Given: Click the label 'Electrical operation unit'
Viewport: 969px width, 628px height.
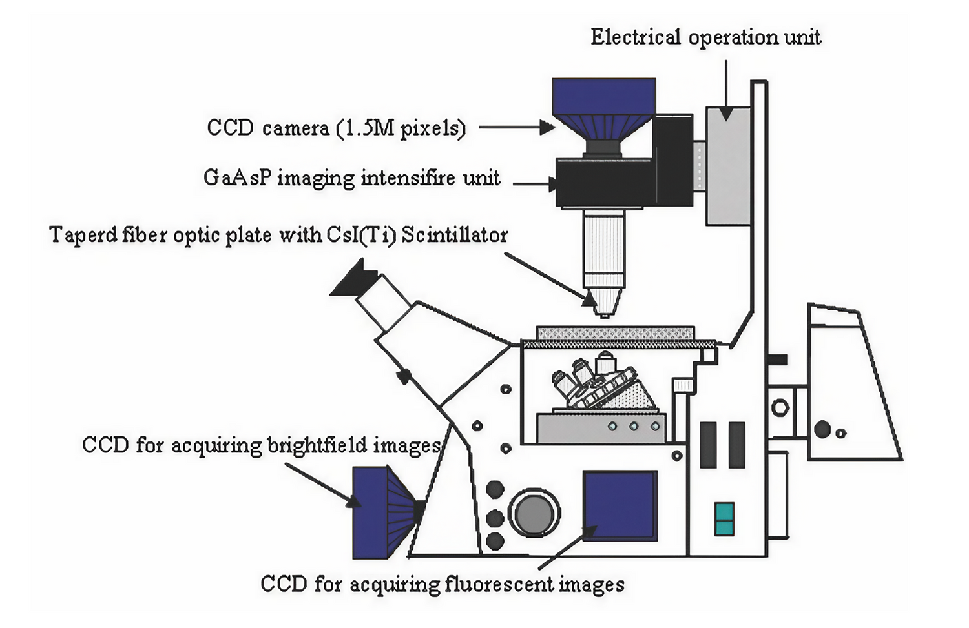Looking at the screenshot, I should (x=705, y=37).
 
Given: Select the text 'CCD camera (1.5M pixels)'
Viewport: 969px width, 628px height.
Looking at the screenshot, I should (x=336, y=128).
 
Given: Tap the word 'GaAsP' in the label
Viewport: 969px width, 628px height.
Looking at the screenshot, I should (x=236, y=177).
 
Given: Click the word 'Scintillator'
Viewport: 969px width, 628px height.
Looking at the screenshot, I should (x=455, y=235).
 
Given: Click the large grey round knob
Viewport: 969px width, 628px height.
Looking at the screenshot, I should (x=534, y=514).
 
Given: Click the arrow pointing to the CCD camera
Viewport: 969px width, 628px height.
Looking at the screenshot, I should (x=517, y=127).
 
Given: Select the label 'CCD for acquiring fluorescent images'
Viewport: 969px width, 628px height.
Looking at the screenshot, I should (x=443, y=585).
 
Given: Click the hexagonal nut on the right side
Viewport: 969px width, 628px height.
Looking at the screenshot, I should (x=780, y=407).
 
